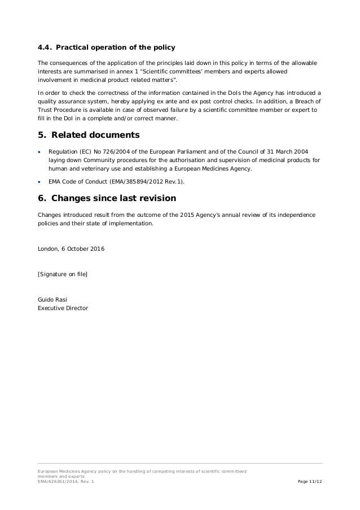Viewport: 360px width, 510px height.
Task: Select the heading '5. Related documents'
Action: click(x=88, y=136)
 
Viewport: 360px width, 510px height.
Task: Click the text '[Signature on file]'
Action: click(x=62, y=274)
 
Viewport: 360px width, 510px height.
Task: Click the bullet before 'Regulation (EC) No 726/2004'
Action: click(x=39, y=152)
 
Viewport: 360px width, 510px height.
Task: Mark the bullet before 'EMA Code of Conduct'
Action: click(x=39, y=182)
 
